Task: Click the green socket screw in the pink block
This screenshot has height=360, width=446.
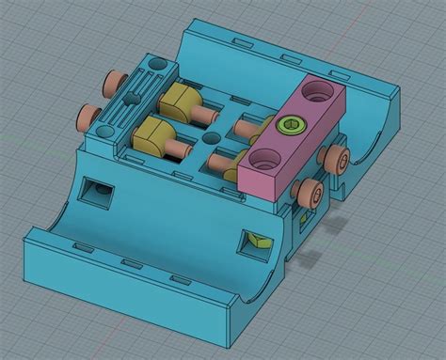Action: [x=292, y=124]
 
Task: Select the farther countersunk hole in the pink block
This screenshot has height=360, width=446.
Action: [x=317, y=92]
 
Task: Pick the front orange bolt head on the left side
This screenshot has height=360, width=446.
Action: [x=87, y=116]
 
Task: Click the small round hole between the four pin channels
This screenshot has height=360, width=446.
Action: [x=207, y=137]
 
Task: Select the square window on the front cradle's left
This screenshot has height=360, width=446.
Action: [x=97, y=193]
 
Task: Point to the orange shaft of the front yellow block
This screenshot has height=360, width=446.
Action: [x=179, y=150]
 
